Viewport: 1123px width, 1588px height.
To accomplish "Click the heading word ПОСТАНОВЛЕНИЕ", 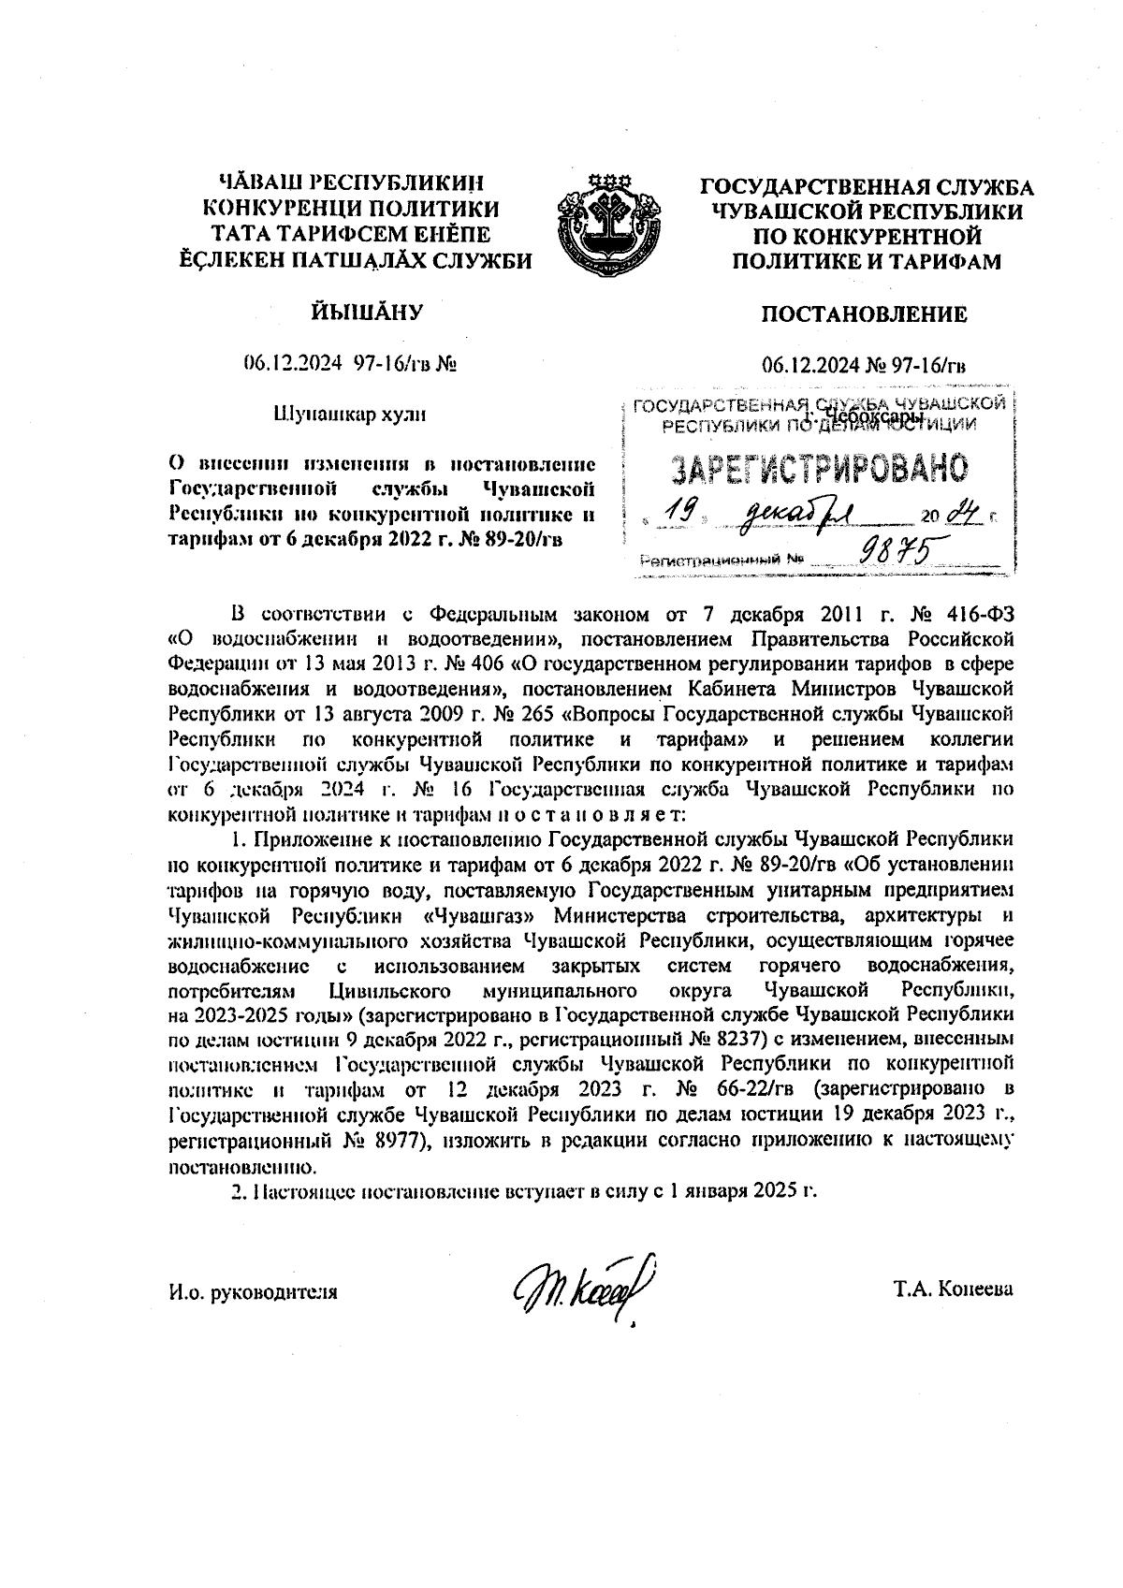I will point(863,314).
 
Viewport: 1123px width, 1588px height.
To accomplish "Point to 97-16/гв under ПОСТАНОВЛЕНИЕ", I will point(926,365).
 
